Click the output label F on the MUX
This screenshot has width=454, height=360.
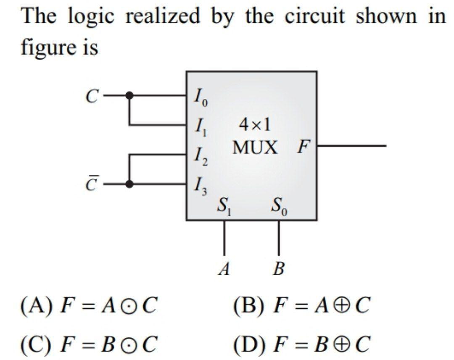(303, 147)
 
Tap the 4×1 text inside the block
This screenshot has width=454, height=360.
(255, 125)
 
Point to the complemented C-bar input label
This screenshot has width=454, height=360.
(91, 184)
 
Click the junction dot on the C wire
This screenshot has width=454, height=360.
(130, 96)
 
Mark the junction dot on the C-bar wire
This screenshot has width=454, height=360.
(130, 184)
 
